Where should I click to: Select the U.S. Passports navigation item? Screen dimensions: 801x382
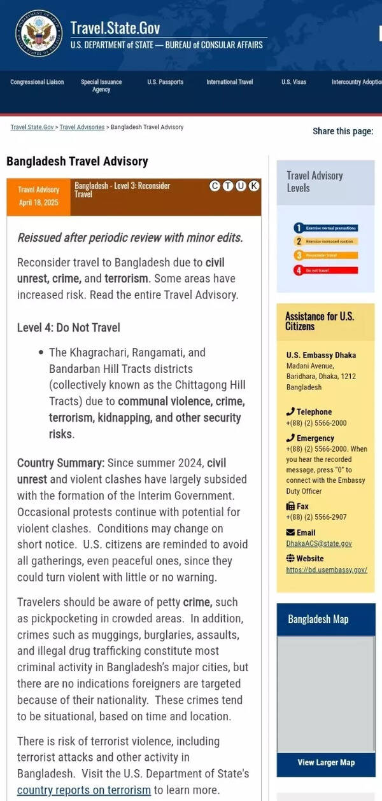165,82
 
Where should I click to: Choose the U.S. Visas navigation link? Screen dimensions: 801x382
294,82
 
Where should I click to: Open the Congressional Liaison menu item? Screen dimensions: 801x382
37,82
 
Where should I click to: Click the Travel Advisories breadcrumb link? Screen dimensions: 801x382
82,127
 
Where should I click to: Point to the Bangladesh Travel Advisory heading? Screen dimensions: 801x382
77,161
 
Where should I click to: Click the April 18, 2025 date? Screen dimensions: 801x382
38,202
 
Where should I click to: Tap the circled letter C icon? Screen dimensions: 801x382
215,186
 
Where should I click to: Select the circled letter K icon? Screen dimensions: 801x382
253,186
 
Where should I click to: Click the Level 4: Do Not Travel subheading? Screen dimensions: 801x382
68,328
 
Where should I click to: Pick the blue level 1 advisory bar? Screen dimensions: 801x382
325,228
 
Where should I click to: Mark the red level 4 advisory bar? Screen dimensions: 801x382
325,270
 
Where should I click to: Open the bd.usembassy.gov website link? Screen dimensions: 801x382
327,570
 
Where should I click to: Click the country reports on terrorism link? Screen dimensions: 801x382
84,790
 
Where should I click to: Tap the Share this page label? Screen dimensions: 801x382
343,132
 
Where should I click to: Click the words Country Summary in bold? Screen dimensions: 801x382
60,463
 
